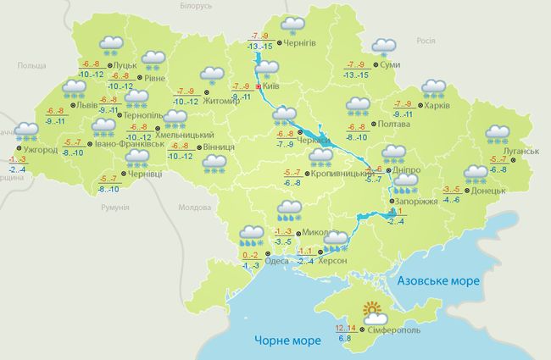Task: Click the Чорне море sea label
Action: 285,341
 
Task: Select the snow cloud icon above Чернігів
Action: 293,26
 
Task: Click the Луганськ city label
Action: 520,150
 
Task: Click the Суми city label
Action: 391,65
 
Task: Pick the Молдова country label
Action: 194,207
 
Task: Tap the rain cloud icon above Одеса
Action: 251,233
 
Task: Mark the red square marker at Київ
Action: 259,86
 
